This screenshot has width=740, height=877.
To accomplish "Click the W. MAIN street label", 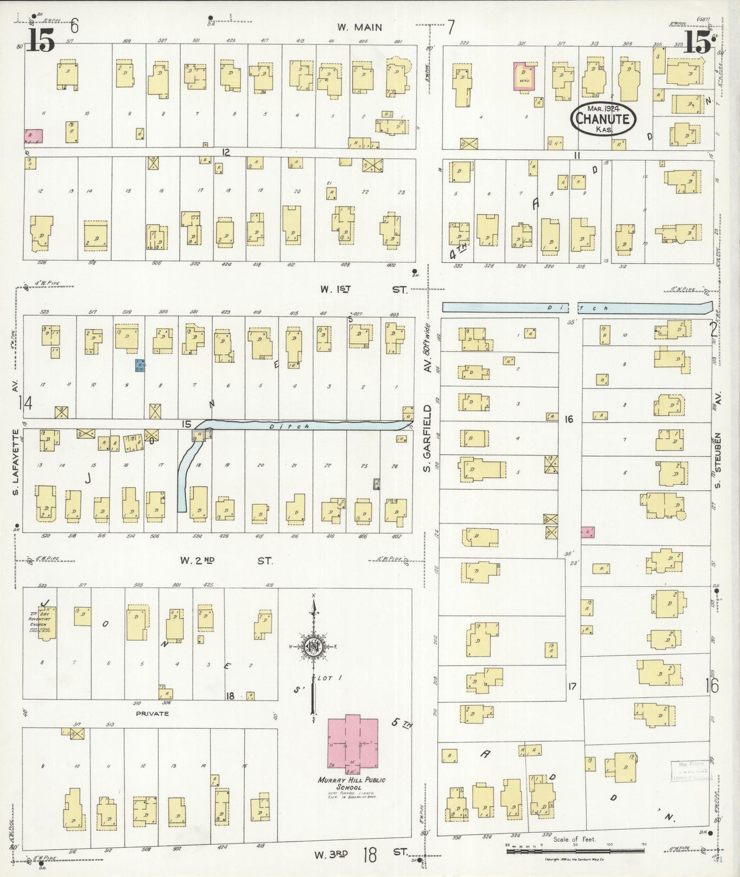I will pos(360,27).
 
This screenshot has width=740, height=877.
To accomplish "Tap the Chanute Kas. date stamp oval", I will pos(604,119).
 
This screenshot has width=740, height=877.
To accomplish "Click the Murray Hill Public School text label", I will pos(351,783).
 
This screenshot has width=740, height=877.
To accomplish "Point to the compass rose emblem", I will pos(313,646).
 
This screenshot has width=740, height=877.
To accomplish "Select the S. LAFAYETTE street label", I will pos(15,463).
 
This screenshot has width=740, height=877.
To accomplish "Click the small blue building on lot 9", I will pos(139,365).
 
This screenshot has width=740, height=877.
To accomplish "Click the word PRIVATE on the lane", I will pos(152,713).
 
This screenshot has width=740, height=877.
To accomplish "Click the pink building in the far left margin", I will pos(33,136).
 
